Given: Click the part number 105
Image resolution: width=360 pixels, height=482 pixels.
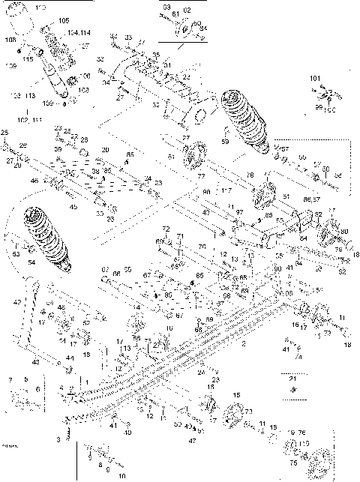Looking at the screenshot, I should pos(62,20).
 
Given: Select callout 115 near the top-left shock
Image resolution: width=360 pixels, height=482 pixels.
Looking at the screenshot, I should pos(27,58).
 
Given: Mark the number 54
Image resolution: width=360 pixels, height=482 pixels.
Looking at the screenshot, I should pos(31,262).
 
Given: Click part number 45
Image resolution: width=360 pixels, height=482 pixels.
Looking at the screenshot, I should pos(73,207).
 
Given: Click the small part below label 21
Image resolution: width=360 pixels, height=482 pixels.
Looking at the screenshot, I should pos(293,391).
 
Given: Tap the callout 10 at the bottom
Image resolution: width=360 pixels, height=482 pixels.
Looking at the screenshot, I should pos(121,475).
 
